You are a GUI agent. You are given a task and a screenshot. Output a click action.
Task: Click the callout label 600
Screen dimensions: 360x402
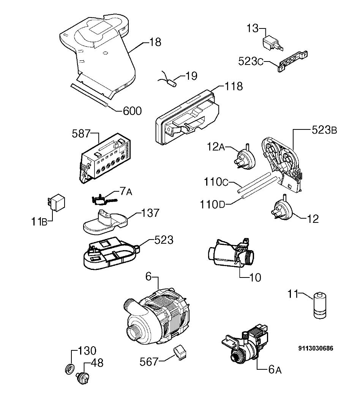pyautogui.click(x=132, y=111)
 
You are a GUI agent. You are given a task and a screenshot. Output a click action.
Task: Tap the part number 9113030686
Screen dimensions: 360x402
pyautogui.click(x=316, y=348)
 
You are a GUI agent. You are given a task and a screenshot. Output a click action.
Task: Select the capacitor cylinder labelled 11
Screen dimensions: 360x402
pyautogui.click(x=320, y=305)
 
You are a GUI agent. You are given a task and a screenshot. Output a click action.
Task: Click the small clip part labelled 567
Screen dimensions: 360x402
pyautogui.click(x=180, y=352)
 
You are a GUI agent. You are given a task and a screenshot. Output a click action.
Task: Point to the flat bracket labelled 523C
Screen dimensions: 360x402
pyautogui.click(x=293, y=62)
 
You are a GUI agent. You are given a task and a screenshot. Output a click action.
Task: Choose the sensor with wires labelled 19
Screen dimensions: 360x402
pyautogui.click(x=167, y=80)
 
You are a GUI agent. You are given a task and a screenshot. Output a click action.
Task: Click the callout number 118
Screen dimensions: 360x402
pyautogui.click(x=234, y=86)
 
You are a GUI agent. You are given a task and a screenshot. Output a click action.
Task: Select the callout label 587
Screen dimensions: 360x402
pyautogui.click(x=81, y=134)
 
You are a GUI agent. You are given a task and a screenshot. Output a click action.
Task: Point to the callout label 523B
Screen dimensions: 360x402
pyautogui.click(x=324, y=130)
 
